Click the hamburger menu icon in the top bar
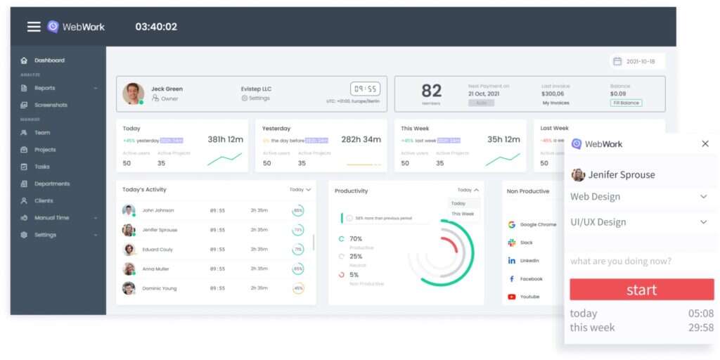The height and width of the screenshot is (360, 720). coord(34,27)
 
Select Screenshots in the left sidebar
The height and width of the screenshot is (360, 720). coord(51,105)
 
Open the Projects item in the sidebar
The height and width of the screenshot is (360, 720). coord(45,150)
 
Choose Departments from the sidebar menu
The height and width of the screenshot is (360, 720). coord(52,184)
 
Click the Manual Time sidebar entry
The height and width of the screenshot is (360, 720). coord(51,218)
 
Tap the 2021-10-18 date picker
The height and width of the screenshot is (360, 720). coord(637,61)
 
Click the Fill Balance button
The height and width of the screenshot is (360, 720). coord(626,103)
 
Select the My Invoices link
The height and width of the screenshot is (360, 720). coord(555,103)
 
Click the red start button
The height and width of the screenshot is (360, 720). coord(641,290)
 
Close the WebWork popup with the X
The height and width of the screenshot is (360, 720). coord(705,143)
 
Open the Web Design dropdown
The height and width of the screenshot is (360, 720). coord(638,197)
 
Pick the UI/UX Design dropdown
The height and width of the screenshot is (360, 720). coord(638,222)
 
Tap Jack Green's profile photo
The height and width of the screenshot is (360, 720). coord(133,94)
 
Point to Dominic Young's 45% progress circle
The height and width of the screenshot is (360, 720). coord(298,288)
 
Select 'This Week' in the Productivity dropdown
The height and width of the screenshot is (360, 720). coord(463,214)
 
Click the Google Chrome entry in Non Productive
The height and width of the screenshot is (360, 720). coord(537,225)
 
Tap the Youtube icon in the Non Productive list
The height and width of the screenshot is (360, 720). coord(512,297)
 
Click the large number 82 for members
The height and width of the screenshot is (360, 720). coord(431,91)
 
